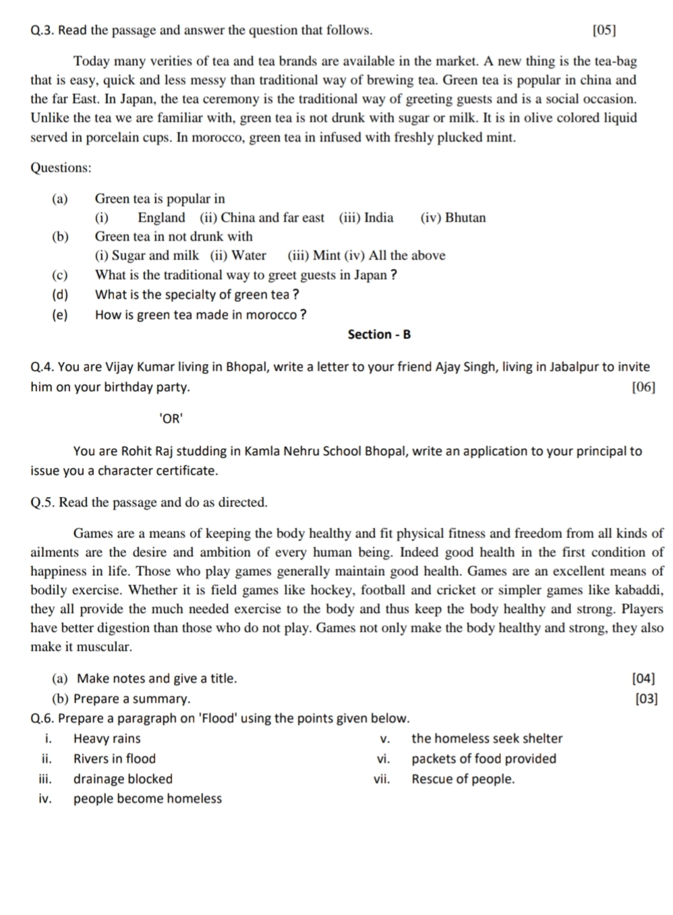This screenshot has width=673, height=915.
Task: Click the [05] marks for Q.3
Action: tap(604, 30)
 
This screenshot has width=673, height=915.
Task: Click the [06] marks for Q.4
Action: tap(643, 387)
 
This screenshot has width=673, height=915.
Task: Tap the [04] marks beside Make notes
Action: tap(643, 679)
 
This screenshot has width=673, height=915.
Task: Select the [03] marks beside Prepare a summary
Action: tap(646, 699)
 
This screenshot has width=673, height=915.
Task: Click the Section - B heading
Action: tap(379, 334)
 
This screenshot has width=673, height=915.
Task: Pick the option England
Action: tap(161, 218)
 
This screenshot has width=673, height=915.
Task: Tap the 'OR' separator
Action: tap(171, 419)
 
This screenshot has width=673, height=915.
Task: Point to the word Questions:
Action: tap(61, 168)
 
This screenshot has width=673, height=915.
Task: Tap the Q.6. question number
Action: tap(45, 719)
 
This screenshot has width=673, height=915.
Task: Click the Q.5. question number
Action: tap(45, 502)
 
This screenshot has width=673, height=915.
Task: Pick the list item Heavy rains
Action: tap(107, 739)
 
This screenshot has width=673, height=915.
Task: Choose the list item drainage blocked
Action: tap(123, 779)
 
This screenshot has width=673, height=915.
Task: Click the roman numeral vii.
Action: tap(382, 779)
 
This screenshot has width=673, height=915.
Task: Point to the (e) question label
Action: tap(60, 315)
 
